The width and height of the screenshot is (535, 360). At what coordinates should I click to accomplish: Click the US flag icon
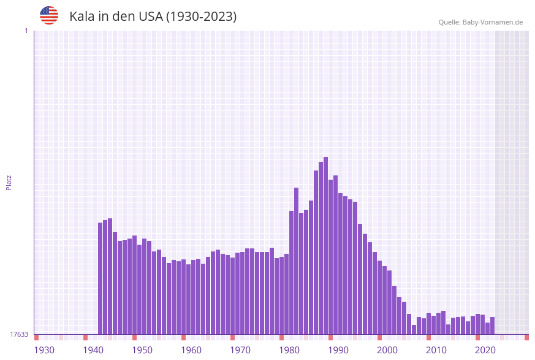coord(49,15)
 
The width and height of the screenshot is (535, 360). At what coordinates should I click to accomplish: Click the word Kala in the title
coord(82,17)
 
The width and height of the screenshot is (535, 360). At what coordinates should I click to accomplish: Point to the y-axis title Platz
coord(9,182)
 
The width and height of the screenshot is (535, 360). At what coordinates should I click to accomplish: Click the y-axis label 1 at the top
coord(26,31)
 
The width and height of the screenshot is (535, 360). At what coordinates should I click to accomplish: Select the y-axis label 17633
coord(19,334)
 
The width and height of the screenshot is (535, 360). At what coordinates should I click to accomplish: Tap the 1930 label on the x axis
coord(44,350)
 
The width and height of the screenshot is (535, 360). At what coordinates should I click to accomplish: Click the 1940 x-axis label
coord(93,350)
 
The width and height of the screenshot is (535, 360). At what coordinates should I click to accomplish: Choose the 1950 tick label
coord(142,350)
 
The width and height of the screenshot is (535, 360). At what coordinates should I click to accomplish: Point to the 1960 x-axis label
coord(191,350)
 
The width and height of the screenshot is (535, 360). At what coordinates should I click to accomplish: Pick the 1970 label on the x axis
coord(240,350)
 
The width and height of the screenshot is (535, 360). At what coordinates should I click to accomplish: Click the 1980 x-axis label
coord(289,350)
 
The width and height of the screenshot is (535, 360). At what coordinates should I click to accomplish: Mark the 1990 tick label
coord(338,350)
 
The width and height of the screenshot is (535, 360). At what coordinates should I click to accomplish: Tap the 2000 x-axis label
coord(387,350)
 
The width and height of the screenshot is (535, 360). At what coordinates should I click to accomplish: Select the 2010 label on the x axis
coord(436,350)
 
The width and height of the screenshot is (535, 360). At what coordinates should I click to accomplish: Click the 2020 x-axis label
coord(485,350)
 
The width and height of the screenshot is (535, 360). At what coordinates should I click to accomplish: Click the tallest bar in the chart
coord(326,245)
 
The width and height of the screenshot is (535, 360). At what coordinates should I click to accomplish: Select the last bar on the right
coord(493,326)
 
